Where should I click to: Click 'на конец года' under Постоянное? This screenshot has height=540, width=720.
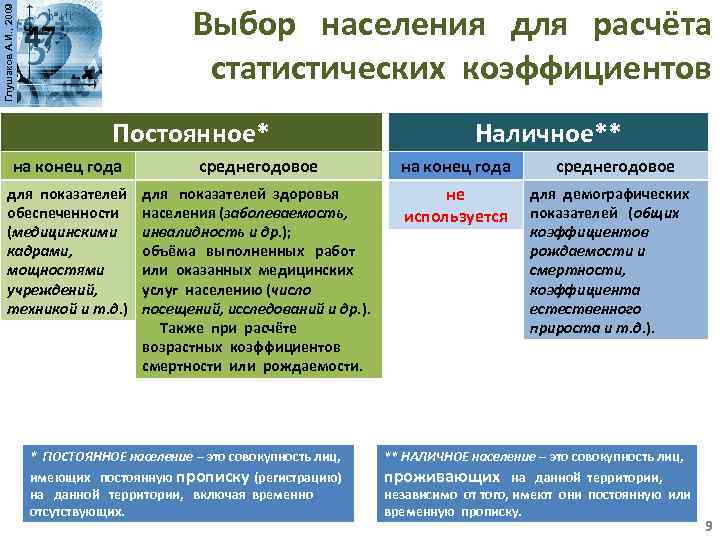(x=67, y=166)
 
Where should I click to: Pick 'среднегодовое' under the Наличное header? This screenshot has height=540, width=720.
(x=615, y=166)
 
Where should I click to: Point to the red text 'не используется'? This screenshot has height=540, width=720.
(x=454, y=205)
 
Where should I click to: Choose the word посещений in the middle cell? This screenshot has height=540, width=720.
(x=177, y=308)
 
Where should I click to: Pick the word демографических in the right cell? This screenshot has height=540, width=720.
(x=636, y=193)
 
